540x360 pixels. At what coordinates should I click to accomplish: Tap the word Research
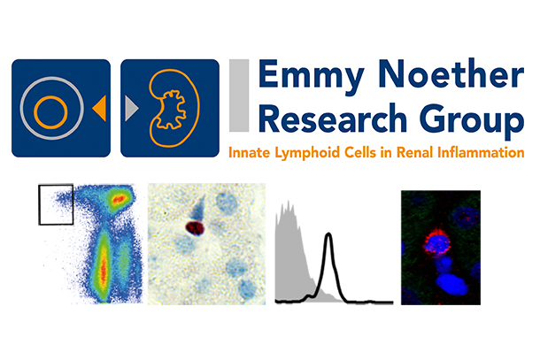click(x=333, y=118)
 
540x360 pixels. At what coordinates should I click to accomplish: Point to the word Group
click(x=474, y=121)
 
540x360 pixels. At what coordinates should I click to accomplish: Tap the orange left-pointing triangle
click(x=99, y=109)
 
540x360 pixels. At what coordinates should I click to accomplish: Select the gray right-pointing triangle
click(x=132, y=109)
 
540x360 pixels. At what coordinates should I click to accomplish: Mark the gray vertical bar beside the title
click(x=239, y=96)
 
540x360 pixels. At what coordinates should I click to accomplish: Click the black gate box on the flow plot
click(x=39, y=205)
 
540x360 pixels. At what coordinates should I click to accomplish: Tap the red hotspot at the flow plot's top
click(x=119, y=199)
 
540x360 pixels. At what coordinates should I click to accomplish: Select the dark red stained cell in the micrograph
click(x=195, y=228)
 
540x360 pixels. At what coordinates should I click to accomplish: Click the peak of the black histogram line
click(x=329, y=234)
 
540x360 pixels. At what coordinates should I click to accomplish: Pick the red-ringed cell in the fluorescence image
click(x=437, y=242)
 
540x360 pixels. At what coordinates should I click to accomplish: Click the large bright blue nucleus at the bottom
click(x=451, y=284)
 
